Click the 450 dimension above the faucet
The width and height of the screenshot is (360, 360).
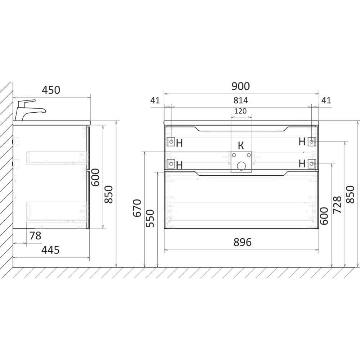[x=51, y=90]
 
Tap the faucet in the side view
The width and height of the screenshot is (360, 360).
[x=30, y=110]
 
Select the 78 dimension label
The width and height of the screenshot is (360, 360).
[x=36, y=235]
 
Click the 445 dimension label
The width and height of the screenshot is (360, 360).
[x=50, y=250]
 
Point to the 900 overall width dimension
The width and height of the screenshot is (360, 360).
[x=240, y=86]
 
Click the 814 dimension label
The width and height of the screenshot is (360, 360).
[x=241, y=100]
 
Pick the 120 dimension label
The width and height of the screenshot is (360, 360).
[x=240, y=111]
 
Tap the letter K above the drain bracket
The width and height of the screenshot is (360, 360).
[x=241, y=145]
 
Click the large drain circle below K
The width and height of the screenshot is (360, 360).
[x=241, y=166]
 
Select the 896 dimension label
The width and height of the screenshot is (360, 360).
[x=242, y=242]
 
